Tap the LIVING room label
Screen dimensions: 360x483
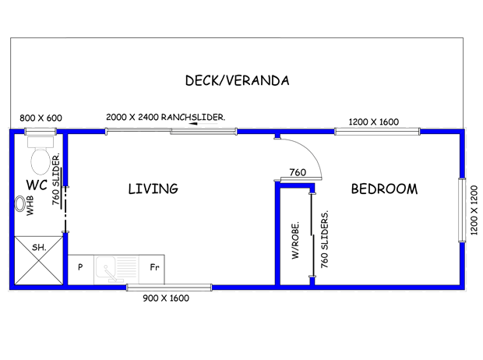[153, 189]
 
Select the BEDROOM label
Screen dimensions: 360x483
[383, 189]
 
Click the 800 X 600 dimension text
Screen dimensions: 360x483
[41, 118]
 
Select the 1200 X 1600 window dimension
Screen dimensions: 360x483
[373, 122]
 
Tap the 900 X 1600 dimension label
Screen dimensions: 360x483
[165, 298]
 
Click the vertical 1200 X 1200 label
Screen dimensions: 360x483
[473, 210]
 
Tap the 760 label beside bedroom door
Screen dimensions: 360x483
[297, 173]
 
